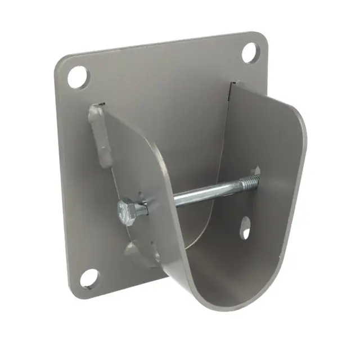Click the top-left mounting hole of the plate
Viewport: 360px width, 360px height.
point(78,76)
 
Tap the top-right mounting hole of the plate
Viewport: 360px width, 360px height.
point(250,52)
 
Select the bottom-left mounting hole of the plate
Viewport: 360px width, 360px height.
point(89,278)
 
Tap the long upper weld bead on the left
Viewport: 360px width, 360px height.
point(98,135)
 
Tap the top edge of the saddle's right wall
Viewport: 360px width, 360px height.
point(264,96)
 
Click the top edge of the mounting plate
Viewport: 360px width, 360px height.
point(163,44)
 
